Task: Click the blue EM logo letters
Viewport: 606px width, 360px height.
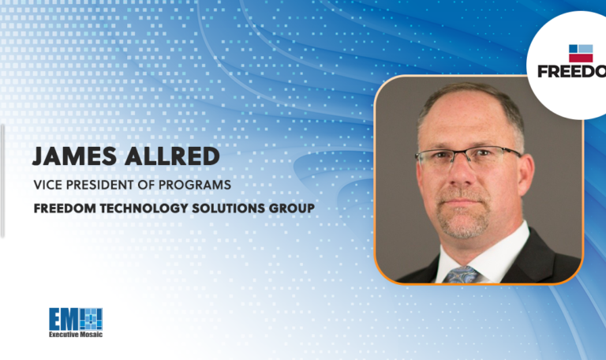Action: tap(64, 319)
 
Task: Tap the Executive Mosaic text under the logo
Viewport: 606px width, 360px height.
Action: tap(76, 336)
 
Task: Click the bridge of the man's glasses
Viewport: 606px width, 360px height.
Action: tap(466, 156)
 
